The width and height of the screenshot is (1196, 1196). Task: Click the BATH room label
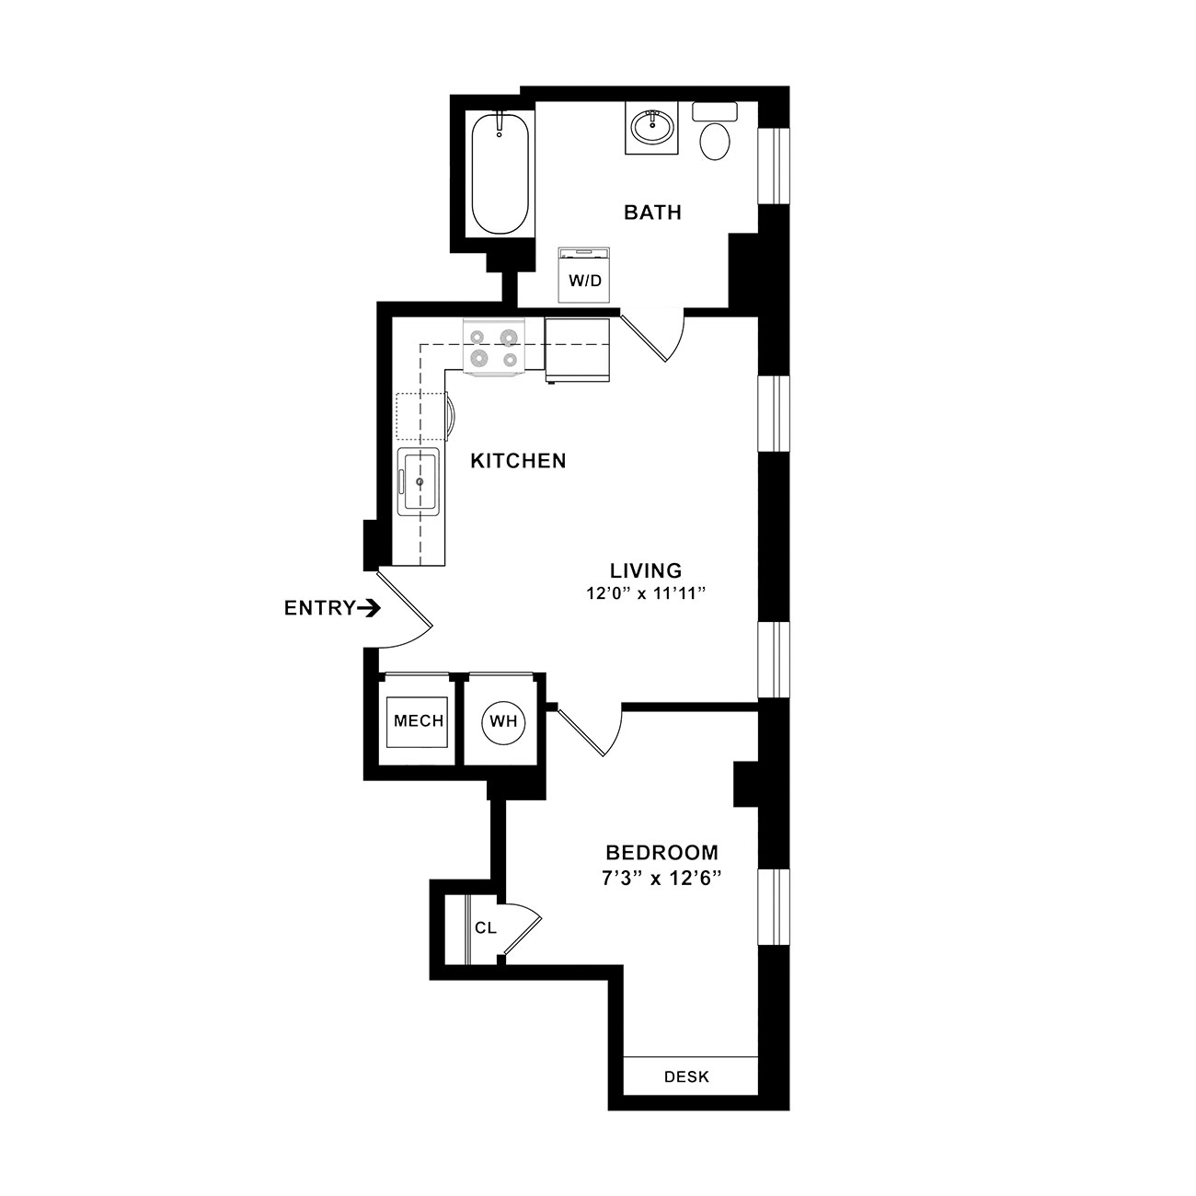pos(652,213)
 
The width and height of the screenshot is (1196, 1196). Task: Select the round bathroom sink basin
pos(651,129)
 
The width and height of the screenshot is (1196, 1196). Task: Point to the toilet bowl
pos(715,142)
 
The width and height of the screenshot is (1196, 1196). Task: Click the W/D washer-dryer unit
pos(584,275)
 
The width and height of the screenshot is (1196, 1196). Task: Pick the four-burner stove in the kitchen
pos(494,347)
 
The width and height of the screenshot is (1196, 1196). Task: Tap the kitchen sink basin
pos(419,481)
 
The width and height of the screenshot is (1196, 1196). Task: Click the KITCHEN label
pos(518,461)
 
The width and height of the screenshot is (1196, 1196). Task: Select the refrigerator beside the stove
pos(578,351)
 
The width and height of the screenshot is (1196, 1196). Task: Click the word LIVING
pos(646,569)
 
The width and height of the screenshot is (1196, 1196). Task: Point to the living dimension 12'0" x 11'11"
pos(646,593)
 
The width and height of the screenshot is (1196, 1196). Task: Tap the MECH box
pos(418,722)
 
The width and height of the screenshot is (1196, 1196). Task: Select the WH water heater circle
pos(503,721)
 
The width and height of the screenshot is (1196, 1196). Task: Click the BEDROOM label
pos(661,852)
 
